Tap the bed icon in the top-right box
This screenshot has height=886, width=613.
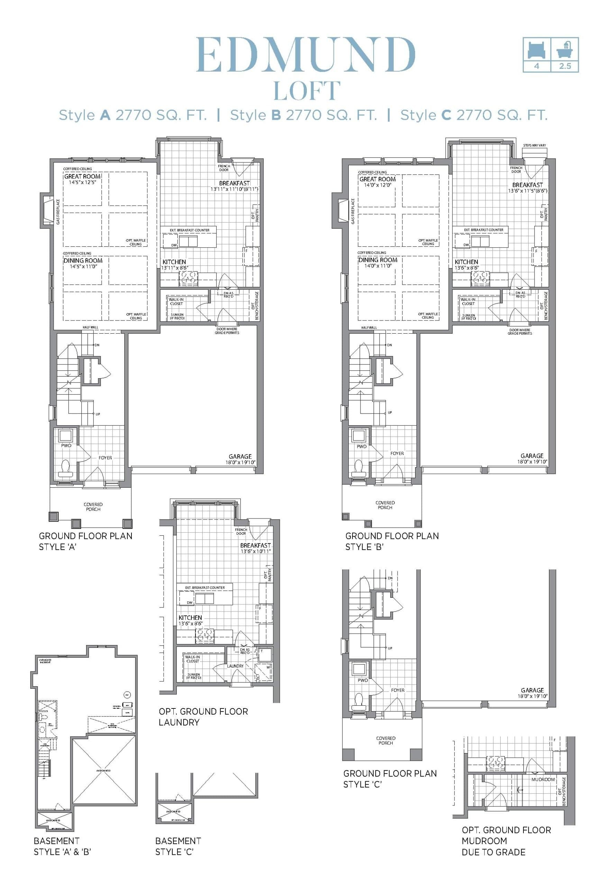pyautogui.click(x=537, y=49)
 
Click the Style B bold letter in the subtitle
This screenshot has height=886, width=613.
pyautogui.click(x=276, y=115)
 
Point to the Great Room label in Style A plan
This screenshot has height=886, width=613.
pyautogui.click(x=82, y=177)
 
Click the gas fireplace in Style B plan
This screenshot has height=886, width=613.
pyautogui.click(x=343, y=211)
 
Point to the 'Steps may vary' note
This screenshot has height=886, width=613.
pyautogui.click(x=534, y=146)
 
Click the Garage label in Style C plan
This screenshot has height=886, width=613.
pyautogui.click(x=532, y=690)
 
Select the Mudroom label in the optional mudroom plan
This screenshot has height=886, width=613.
pyautogui.click(x=543, y=779)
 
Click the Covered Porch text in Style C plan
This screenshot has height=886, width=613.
pyautogui.click(x=386, y=740)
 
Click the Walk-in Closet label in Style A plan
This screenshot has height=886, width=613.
pyautogui.click(x=176, y=301)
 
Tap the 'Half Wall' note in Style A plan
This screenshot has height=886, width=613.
pyautogui.click(x=90, y=327)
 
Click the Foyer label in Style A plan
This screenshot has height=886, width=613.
pyautogui.click(x=105, y=458)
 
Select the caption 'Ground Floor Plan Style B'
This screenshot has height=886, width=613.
pyautogui.click(x=392, y=541)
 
